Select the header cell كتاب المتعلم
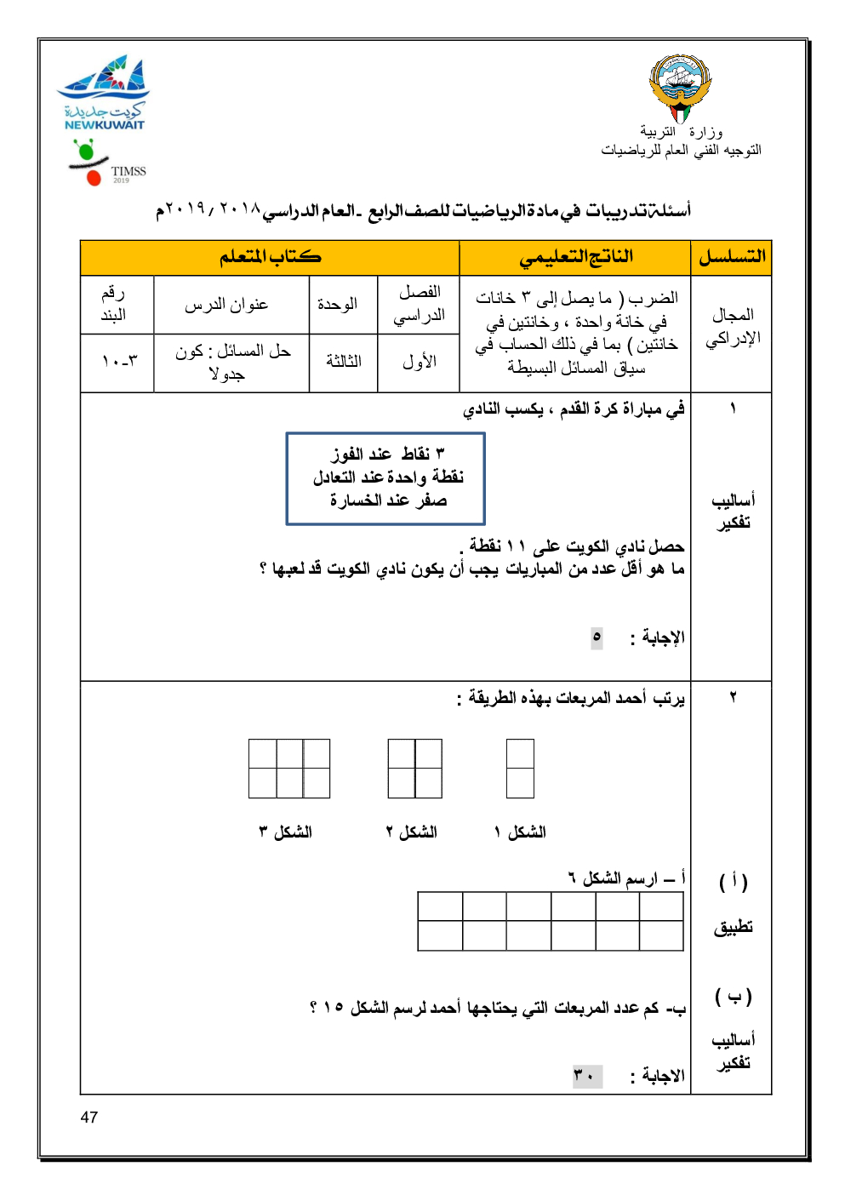[270, 257]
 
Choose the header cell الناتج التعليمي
[575, 257]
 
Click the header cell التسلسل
[732, 257]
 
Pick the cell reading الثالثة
[343, 362]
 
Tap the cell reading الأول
[419, 362]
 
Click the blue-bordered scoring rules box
[385, 477]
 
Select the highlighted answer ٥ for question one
[597, 638]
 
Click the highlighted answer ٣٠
[586, 1076]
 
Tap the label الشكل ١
[520, 832]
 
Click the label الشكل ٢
[412, 832]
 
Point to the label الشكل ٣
[286, 832]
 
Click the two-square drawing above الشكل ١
[520, 769]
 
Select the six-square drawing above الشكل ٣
[289, 769]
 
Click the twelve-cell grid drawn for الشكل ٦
[551, 921]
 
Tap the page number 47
[89, 1118]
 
